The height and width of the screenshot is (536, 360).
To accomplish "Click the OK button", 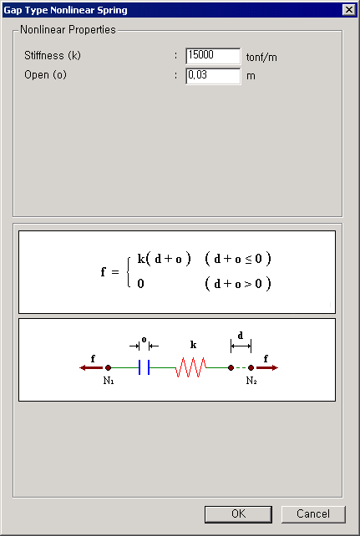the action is (x=238, y=513).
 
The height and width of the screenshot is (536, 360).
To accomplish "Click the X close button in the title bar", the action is (x=348, y=10).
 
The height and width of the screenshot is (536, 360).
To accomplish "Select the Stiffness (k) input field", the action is (x=213, y=56).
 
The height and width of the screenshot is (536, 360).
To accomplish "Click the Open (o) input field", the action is (x=213, y=76).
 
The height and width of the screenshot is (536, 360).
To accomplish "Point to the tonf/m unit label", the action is (x=261, y=57).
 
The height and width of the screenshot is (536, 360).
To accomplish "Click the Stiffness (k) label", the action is (x=53, y=55).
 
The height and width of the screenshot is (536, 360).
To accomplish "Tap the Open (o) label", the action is (x=45, y=75).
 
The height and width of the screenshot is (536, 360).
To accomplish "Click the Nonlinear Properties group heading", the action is (x=68, y=30).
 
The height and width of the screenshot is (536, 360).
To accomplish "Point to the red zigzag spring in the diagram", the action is (x=191, y=367).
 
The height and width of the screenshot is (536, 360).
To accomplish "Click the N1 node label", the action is (x=109, y=381).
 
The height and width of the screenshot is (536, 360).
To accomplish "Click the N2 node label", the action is (x=251, y=381).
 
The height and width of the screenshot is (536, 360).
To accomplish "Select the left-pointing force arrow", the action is (x=91, y=368).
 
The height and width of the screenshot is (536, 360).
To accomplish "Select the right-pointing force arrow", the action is (x=267, y=368).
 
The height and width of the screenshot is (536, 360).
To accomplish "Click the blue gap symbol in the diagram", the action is (x=144, y=367).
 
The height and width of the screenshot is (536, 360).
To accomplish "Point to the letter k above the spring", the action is (x=193, y=345).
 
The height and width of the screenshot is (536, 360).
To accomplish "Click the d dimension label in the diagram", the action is (x=241, y=336).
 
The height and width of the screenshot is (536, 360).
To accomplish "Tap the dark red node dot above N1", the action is (x=108, y=368).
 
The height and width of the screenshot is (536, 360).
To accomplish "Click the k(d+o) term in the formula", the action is (x=164, y=259).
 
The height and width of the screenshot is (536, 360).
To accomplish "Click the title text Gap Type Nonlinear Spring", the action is (x=65, y=10).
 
